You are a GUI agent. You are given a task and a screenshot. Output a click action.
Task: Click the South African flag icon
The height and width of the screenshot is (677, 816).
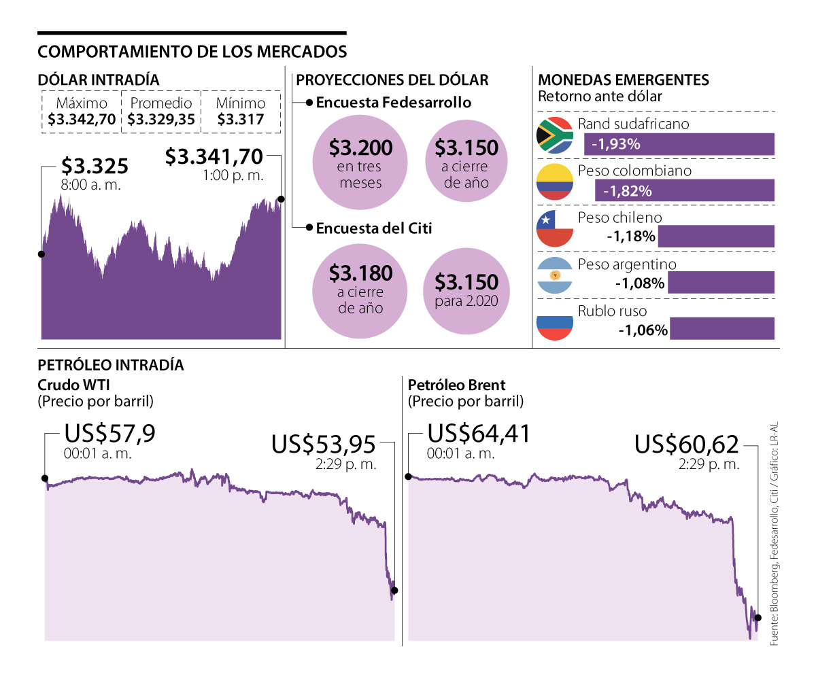(x=555, y=135)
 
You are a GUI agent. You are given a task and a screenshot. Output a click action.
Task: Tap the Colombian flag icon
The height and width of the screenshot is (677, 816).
(x=555, y=181)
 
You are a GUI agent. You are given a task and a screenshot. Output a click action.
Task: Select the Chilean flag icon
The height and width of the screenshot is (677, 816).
(x=555, y=229)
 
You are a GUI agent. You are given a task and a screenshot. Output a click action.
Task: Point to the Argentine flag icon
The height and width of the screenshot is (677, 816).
(x=555, y=275)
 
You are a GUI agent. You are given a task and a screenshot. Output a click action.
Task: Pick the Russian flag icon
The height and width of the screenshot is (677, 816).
(x=555, y=322)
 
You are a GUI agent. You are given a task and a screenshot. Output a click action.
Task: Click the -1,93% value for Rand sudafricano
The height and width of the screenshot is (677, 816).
(x=616, y=145)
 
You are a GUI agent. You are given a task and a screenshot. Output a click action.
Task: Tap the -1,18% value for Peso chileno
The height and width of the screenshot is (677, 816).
(x=631, y=237)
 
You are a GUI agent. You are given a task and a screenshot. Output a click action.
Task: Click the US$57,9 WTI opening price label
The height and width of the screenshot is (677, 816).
(x=109, y=434)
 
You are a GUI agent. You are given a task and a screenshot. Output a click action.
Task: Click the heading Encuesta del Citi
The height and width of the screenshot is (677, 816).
(x=374, y=228)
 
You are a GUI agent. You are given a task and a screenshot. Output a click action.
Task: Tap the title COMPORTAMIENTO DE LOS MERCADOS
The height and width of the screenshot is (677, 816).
(x=192, y=52)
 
